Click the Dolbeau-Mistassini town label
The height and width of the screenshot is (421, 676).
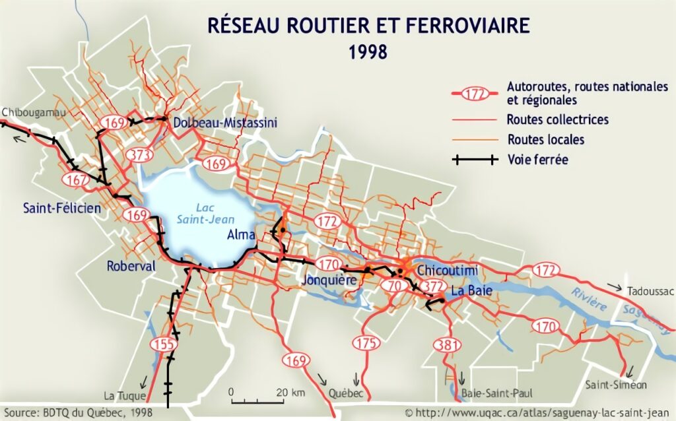(224, 123)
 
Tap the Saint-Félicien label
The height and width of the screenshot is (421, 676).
(62, 209)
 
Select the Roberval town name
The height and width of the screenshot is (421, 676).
(131, 267)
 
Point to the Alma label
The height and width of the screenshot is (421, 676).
(242, 235)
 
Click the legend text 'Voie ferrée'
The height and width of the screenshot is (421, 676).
(538, 159)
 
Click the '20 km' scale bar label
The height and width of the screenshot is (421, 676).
(290, 393)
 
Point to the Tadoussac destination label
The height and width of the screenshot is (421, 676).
(648, 292)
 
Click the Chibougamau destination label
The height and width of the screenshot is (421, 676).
(34, 113)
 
